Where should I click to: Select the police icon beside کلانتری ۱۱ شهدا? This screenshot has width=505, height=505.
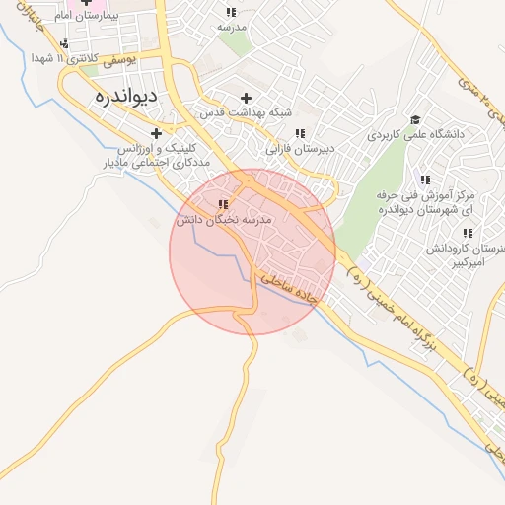tap(64, 43)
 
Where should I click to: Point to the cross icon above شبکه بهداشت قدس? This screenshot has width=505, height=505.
tap(246, 98)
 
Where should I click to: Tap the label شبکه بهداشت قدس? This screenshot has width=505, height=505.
tap(247, 112)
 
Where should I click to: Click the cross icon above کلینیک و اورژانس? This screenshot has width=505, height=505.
tap(156, 133)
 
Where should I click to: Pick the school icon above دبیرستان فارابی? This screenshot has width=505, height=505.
tap(299, 133)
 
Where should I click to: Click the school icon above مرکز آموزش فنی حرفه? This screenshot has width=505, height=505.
tap(425, 180)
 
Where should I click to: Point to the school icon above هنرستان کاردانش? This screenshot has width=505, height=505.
tap(468, 234)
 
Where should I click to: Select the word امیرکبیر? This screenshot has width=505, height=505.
tap(477, 263)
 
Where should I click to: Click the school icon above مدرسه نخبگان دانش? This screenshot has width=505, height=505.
tap(222, 204)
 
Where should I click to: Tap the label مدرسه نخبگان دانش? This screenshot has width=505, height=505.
tap(224, 219)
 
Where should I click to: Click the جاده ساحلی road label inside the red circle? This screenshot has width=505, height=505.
tap(286, 289)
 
